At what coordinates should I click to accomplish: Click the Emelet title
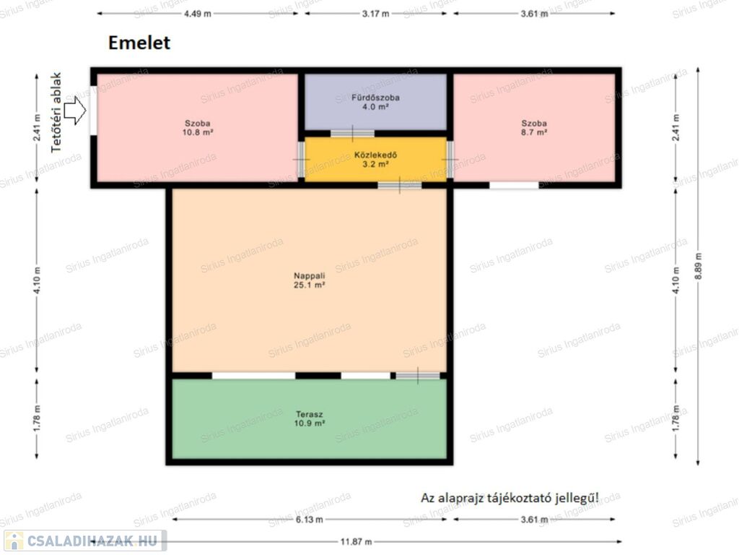[139, 43]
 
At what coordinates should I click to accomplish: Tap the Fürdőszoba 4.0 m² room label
[375, 102]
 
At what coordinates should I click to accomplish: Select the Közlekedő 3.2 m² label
[375, 160]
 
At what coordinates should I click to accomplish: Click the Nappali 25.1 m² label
[309, 280]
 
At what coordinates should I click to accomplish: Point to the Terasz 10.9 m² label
[309, 418]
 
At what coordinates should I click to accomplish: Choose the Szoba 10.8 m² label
[198, 128]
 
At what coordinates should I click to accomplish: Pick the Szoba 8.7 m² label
[534, 128]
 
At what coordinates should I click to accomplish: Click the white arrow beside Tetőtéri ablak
[75, 111]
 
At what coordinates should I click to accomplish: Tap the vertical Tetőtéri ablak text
[56, 112]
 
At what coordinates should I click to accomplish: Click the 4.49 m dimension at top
[198, 14]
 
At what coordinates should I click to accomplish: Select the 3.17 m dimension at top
[375, 14]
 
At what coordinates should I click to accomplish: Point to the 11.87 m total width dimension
[356, 541]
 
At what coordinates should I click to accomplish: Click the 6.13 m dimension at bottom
[309, 520]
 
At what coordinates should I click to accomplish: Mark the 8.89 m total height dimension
[698, 266]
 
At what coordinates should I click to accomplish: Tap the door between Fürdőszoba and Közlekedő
[352, 134]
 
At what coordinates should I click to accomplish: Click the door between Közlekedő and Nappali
[400, 185]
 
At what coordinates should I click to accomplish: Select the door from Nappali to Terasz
[418, 376]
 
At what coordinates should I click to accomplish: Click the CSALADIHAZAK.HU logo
[85, 541]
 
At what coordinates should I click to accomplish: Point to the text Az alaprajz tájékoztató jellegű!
[510, 498]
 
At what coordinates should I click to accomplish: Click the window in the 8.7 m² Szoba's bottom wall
[514, 186]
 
